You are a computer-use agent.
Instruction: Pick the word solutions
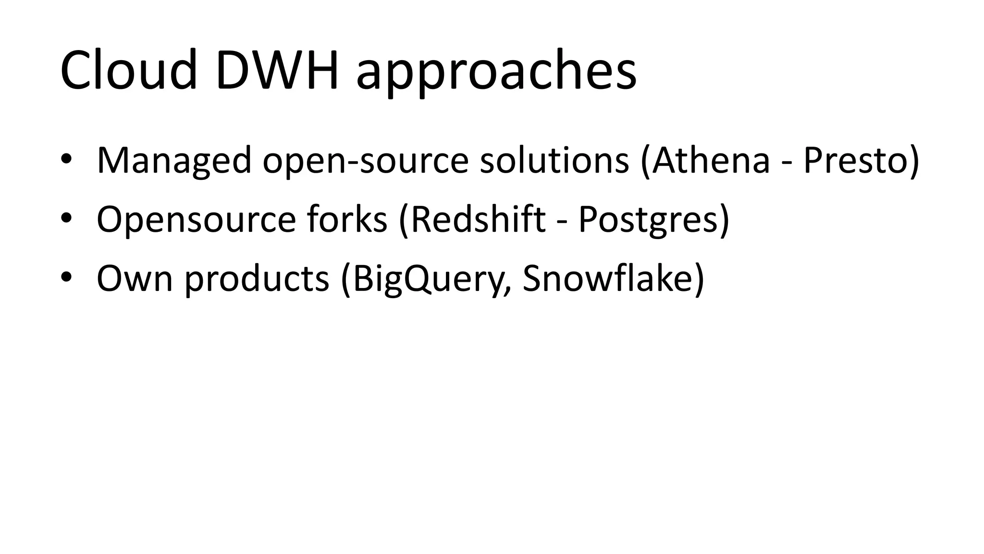click(x=554, y=160)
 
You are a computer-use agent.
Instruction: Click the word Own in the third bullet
click(x=135, y=279)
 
